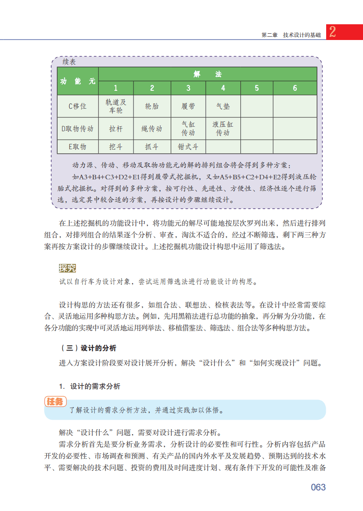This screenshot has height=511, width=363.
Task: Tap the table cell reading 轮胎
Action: point(152,107)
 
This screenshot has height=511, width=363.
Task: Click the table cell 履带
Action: point(188,107)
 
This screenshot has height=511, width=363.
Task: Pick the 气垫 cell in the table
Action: point(223,107)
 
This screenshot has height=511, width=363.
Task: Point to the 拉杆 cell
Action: point(116,129)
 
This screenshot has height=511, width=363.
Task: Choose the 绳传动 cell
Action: point(152,129)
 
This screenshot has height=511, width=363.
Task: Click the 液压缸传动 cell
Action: point(223,129)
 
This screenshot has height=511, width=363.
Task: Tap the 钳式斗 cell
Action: point(188,147)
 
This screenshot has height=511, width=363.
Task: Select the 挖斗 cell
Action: point(116,147)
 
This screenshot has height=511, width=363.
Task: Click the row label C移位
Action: point(77,107)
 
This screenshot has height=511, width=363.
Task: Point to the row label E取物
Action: point(77,147)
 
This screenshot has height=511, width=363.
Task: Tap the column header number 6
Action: point(295,88)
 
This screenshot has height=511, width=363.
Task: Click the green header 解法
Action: point(208,74)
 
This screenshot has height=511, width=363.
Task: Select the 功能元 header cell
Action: point(78,81)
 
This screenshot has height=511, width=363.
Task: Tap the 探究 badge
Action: point(67,268)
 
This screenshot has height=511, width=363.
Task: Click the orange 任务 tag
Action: point(56,402)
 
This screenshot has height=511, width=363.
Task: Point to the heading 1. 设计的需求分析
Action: point(89,386)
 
